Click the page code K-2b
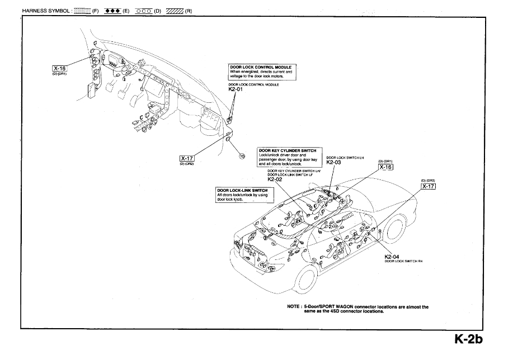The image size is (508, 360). point(468,339)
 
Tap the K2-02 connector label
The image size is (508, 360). point(275,179)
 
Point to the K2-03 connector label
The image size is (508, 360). point(333,163)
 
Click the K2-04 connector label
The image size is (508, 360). point(392,257)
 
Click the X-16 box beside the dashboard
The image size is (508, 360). point(59,68)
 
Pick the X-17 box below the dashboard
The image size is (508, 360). point(186,158)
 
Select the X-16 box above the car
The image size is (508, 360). point(385,167)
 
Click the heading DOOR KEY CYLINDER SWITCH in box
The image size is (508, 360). point(287,150)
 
